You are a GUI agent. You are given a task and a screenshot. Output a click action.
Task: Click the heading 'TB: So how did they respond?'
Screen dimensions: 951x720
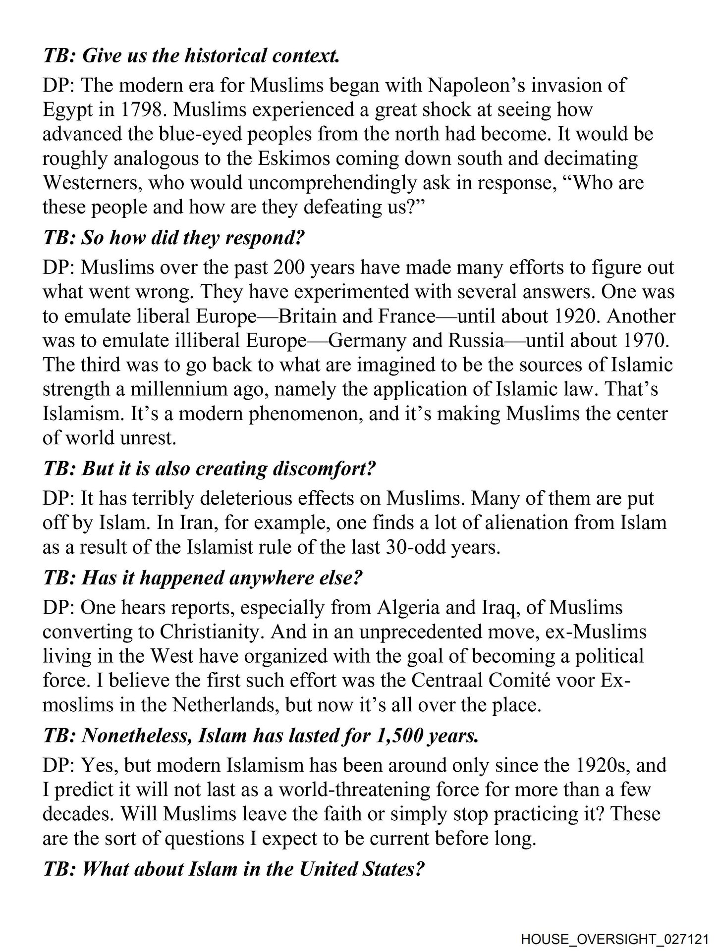pyautogui.click(x=173, y=238)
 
